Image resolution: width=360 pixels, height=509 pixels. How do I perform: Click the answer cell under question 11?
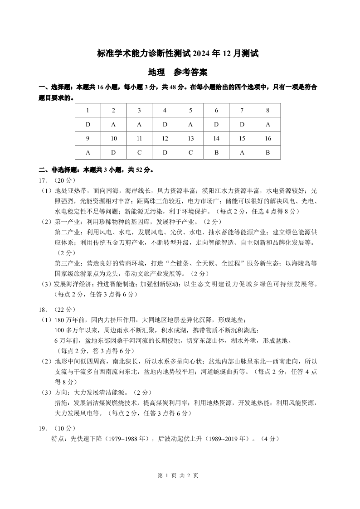[x=139, y=152]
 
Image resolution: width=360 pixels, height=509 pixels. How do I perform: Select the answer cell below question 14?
[x=216, y=152]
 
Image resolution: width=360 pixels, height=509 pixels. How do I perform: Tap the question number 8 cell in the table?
[x=268, y=110]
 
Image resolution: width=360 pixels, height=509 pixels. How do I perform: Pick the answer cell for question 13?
[x=190, y=152]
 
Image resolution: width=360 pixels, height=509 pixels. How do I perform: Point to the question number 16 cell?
[x=268, y=138]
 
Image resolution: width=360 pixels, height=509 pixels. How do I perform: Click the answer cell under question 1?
[x=88, y=124]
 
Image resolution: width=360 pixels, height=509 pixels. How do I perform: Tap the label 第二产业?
[x=67, y=232]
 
